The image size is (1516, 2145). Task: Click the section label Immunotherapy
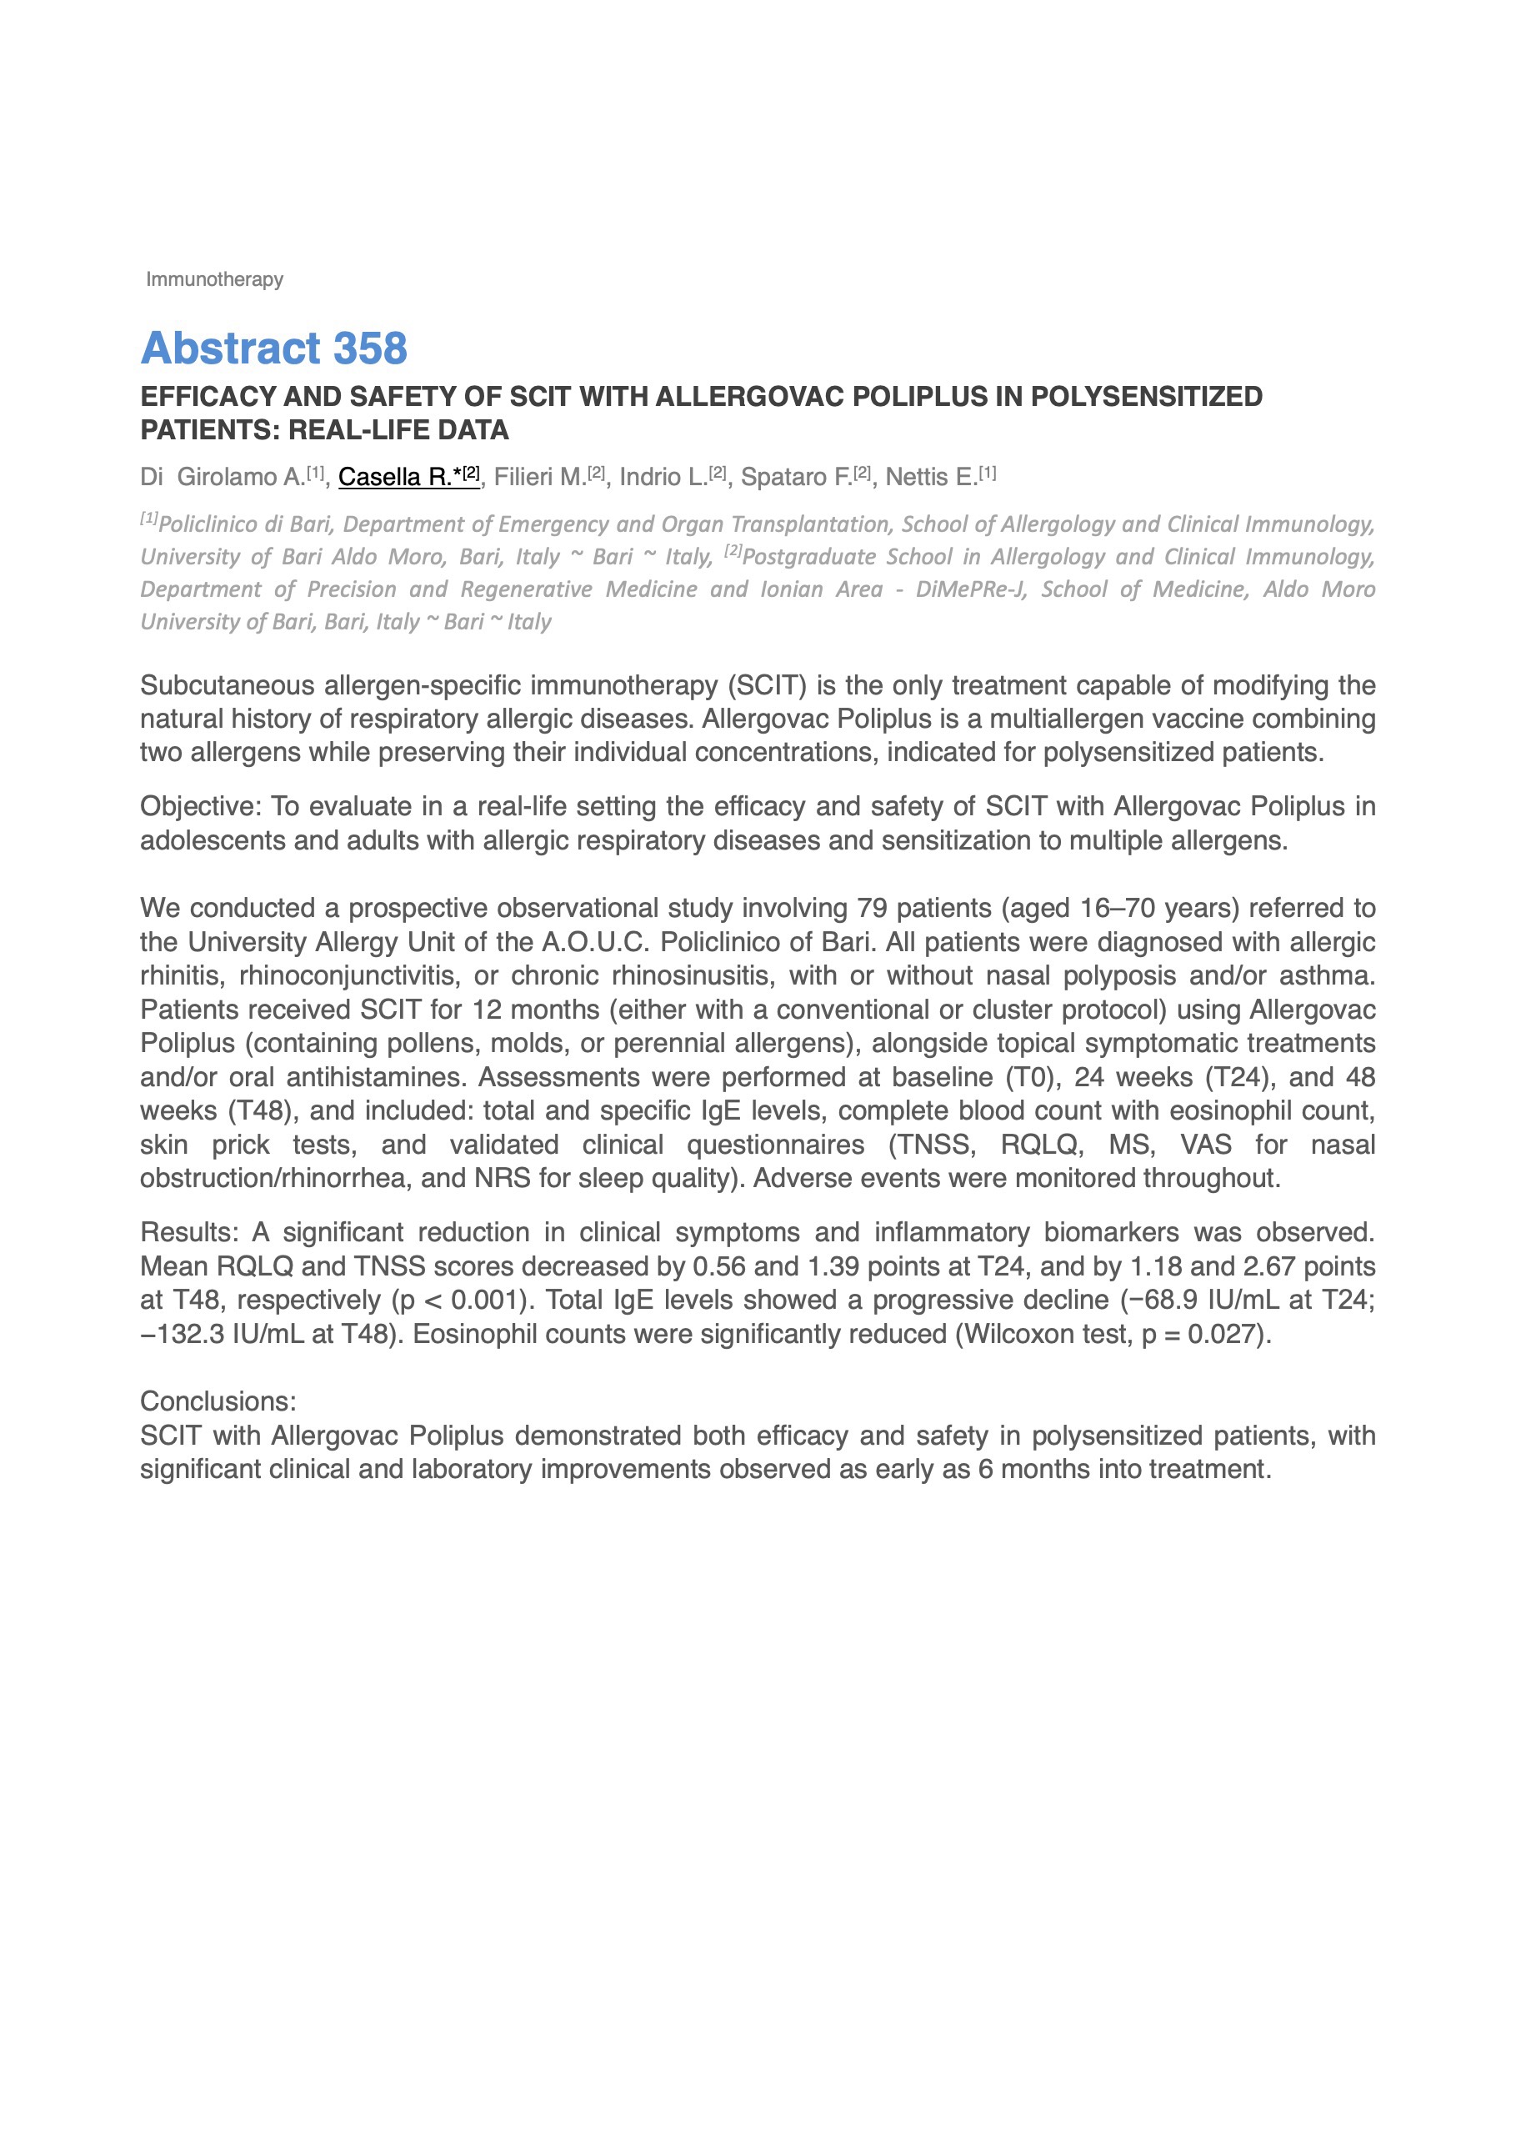click(x=214, y=279)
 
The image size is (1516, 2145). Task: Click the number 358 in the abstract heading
click(x=370, y=348)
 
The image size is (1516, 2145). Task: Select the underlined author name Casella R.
click(x=394, y=477)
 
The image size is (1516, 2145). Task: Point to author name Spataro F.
click(x=796, y=477)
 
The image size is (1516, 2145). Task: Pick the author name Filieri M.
click(x=540, y=477)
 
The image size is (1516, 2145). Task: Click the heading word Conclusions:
click(x=218, y=1401)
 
